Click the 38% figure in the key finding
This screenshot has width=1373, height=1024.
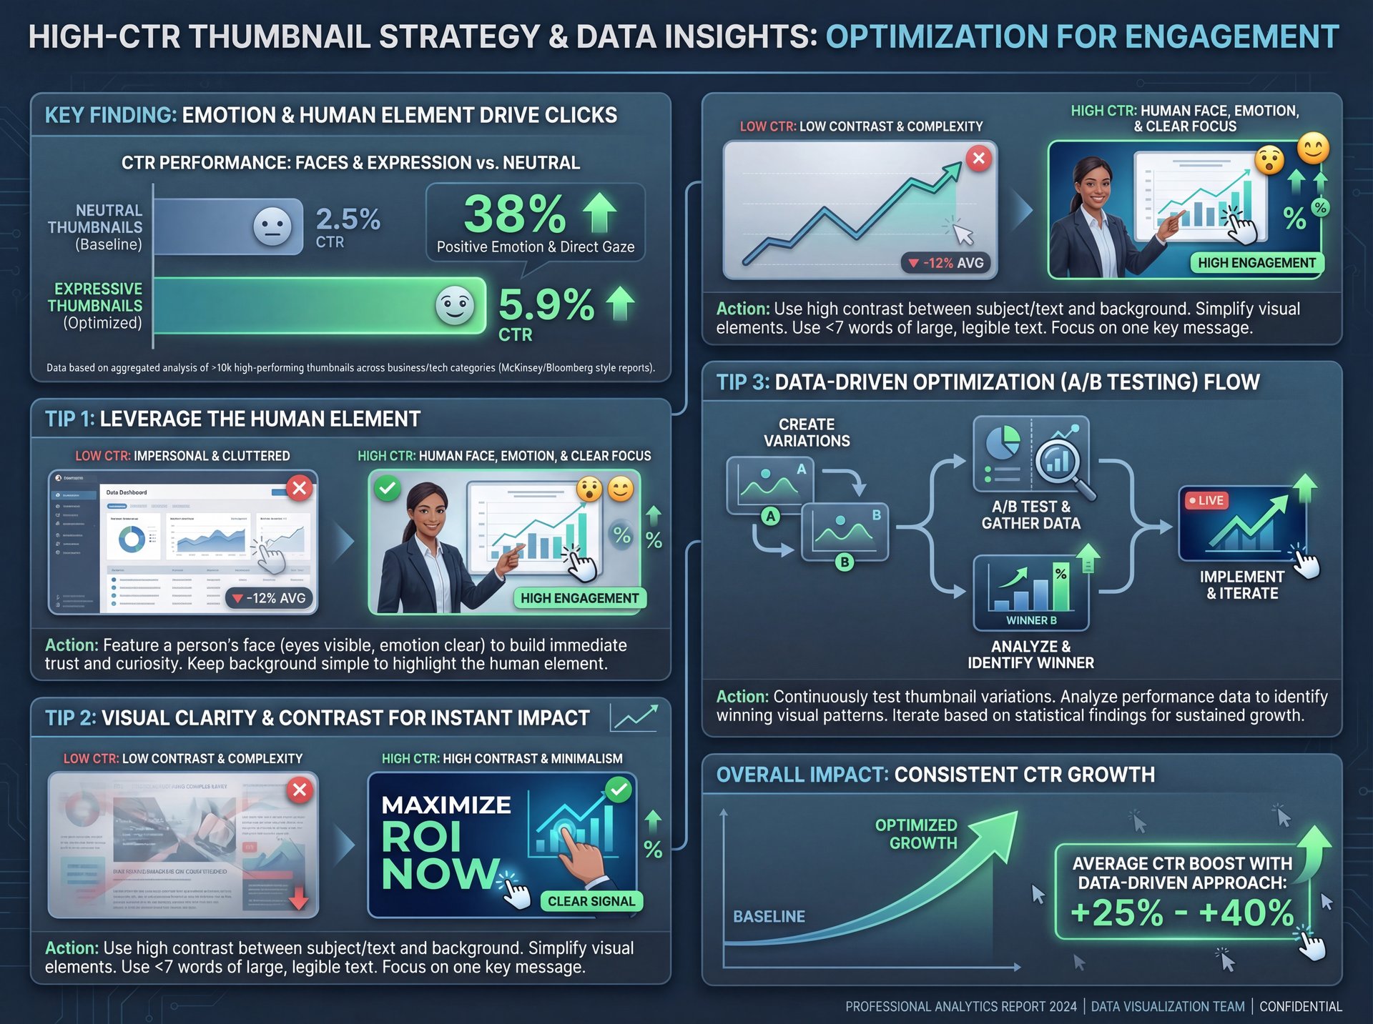coord(515,214)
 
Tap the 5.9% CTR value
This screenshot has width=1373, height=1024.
coord(546,305)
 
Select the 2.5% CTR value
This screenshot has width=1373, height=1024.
coord(348,219)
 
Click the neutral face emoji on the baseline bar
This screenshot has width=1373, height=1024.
coord(272,227)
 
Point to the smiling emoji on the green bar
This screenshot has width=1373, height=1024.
coord(455,306)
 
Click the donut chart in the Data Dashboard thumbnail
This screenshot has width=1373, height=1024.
coord(132,540)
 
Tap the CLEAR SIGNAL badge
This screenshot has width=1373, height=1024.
coord(591,901)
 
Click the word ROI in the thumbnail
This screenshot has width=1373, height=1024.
coord(421,837)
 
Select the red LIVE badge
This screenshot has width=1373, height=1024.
coord(1206,500)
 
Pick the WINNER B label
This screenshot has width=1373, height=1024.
coord(1031,620)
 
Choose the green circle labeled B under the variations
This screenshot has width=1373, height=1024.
coord(845,562)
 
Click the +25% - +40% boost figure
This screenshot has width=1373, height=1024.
coord(1182,913)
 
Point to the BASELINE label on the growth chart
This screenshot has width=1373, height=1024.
coord(769,916)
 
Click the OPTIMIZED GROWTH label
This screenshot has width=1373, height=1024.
coord(916,834)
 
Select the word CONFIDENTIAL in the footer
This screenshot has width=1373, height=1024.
coord(1300,1006)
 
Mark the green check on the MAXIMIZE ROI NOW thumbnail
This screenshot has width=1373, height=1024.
coord(618,790)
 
